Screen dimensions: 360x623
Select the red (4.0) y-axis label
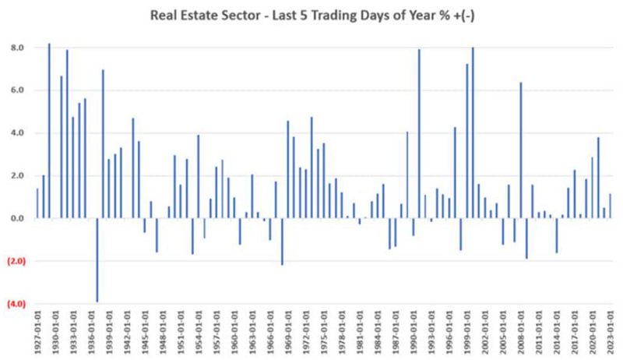click(x=16, y=304)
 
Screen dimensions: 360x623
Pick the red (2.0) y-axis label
click(x=16, y=261)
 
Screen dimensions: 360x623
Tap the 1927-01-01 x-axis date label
click(x=37, y=334)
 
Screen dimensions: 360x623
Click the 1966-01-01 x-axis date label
click(x=269, y=334)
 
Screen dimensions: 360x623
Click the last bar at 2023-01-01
click(x=610, y=206)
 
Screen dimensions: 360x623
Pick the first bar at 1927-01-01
click(x=37, y=203)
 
